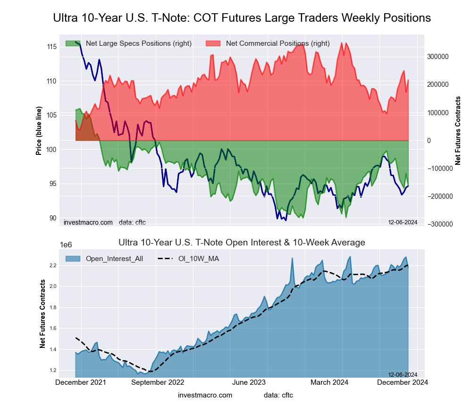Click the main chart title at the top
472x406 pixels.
pos(242,18)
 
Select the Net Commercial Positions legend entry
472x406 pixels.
pos(278,43)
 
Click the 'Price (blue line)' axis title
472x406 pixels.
pos(39,129)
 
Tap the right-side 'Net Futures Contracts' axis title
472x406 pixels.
pos(457,130)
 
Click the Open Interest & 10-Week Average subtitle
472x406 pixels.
pos(242,243)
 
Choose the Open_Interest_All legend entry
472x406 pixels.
pos(114,258)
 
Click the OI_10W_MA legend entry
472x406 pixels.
pos(198,258)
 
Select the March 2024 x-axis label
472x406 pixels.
pos(330,382)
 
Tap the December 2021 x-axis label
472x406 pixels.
pos(81,382)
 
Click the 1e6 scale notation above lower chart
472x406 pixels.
pos(67,245)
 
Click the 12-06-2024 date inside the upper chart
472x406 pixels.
pos(403,222)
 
